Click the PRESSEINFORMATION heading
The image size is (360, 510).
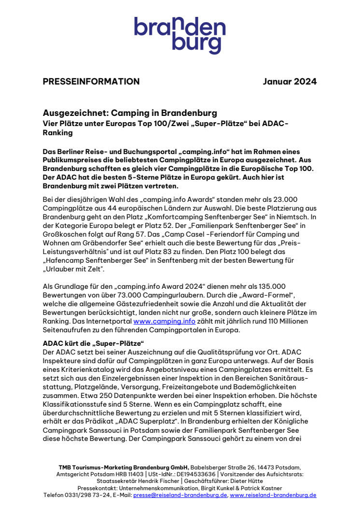click(x=91, y=82)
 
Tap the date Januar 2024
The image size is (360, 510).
click(x=290, y=82)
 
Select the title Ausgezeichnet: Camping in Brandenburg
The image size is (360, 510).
click(x=130, y=113)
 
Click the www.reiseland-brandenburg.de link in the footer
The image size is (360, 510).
click(x=273, y=495)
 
